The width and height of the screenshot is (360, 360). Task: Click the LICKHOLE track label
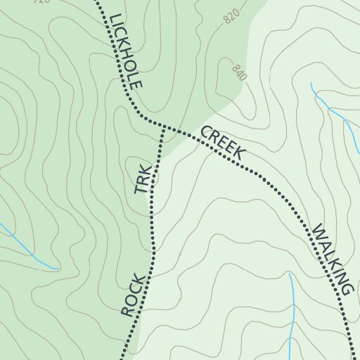point(127,51)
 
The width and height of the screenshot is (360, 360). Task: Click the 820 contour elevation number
point(233,17)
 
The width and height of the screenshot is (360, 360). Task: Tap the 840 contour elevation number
point(238,72)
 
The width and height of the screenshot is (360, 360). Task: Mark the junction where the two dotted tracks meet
point(163,127)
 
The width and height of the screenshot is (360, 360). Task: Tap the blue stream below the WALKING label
point(291,309)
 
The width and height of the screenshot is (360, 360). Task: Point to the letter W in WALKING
point(318,231)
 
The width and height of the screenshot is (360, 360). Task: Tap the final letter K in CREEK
point(239,153)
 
